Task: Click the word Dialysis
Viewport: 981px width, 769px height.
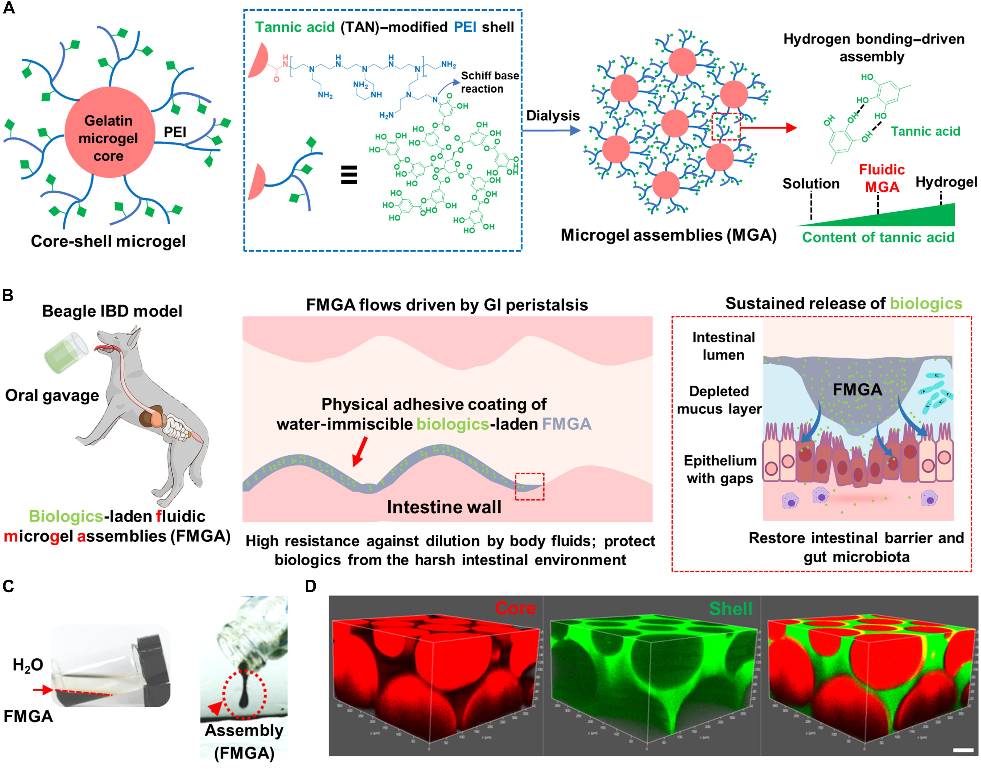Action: click(x=553, y=116)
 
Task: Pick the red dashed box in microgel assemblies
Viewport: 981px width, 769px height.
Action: click(x=726, y=126)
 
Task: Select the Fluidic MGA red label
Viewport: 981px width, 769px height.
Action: click(x=881, y=178)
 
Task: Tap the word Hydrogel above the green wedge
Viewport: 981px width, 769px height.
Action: click(x=946, y=182)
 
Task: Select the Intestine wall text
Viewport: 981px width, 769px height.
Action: click(x=444, y=507)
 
